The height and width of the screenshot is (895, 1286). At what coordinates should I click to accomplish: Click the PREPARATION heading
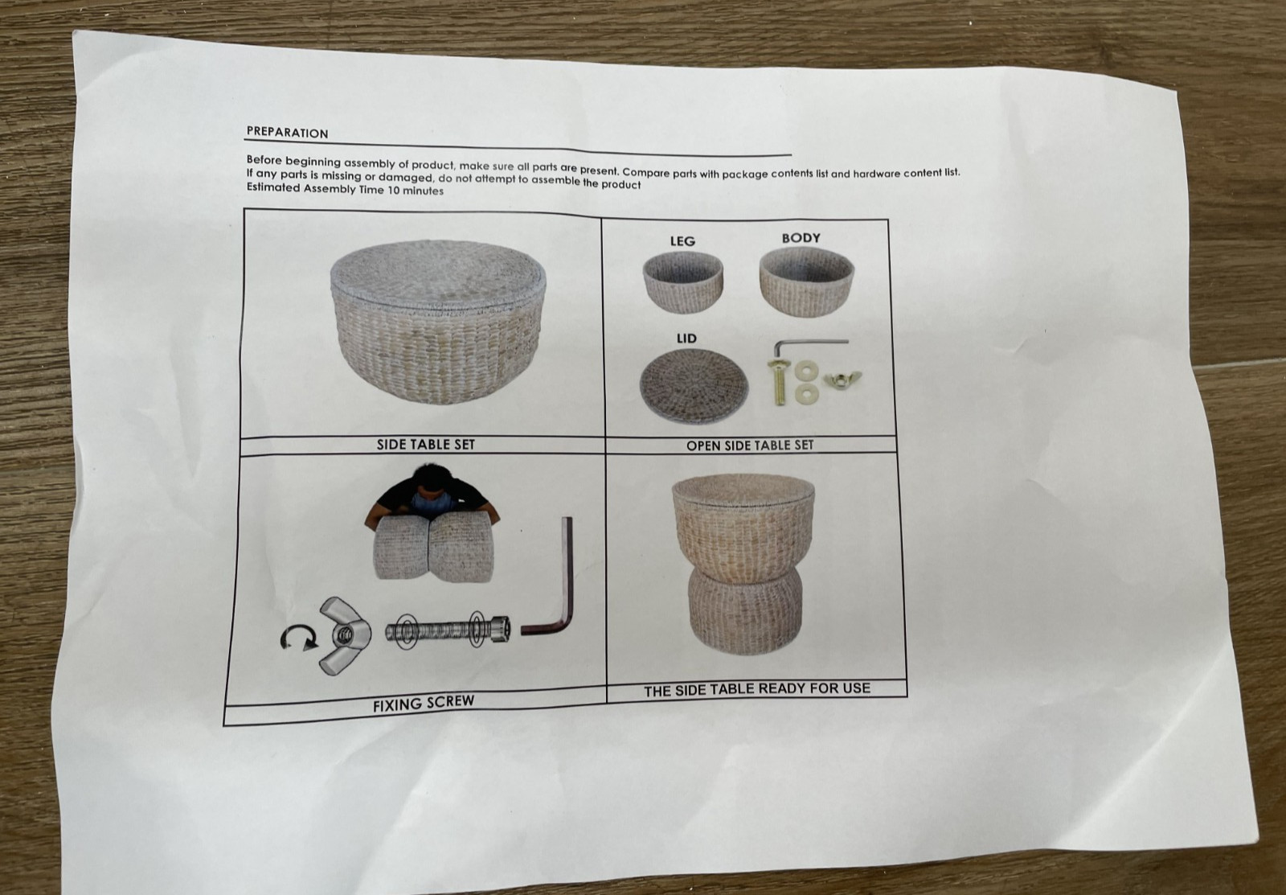pos(287,133)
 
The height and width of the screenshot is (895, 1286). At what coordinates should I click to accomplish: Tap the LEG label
pos(682,241)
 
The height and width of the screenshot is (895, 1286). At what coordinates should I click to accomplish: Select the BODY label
pos(801,238)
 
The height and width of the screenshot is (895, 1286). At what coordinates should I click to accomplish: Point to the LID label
pos(686,339)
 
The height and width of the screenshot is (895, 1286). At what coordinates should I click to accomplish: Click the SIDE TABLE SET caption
pos(426,444)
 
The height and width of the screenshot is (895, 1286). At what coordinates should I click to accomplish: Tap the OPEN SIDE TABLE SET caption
pos(750,445)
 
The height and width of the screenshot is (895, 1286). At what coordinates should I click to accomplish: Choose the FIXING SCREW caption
pos(424,703)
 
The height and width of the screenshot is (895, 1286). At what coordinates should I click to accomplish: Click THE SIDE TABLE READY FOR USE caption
pos(757,689)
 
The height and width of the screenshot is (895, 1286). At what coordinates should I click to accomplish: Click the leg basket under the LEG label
pos(682,282)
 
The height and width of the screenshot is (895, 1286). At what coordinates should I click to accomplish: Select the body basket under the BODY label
pos(807,281)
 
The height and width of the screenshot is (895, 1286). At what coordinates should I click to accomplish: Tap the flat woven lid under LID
pos(694,386)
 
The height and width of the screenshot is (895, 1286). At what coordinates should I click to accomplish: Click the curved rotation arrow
pos(298,638)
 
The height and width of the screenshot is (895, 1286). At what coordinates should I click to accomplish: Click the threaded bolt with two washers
pos(447,630)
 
